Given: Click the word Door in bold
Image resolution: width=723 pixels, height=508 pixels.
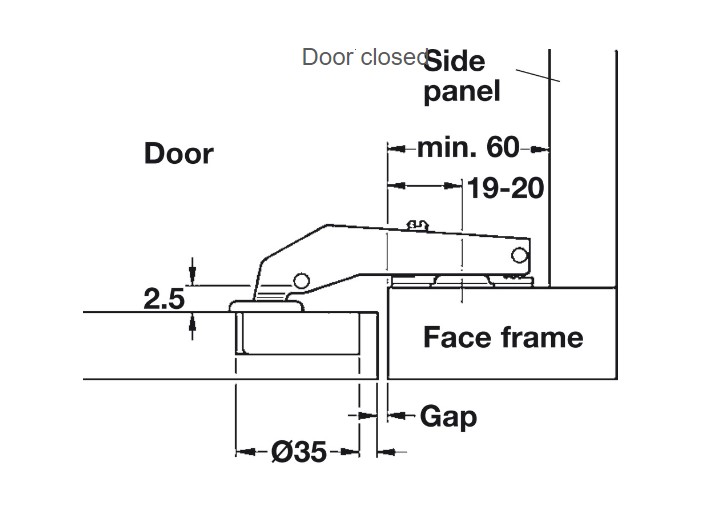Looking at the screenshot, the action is point(178,153).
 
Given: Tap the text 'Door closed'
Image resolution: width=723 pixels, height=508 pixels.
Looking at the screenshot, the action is point(364,57).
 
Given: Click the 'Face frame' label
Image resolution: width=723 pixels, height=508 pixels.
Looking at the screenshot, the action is point(502,337).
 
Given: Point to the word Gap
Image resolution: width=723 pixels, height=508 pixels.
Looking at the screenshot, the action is point(448,416).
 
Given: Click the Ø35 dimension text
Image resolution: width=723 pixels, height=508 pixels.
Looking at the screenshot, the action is point(298,452).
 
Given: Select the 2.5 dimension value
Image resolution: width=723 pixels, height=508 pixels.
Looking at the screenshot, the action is point(165,298).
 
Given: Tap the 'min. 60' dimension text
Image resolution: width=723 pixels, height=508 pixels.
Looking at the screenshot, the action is point(468,148).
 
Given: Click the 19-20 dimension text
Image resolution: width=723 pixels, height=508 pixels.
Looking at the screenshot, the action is point(506,187).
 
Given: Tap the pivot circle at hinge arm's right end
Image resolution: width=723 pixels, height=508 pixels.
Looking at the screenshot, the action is point(519,256).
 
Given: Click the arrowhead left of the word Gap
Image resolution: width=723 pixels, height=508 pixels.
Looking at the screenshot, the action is point(395,415).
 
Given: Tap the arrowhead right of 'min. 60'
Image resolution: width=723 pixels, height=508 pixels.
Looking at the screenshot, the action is point(541,149).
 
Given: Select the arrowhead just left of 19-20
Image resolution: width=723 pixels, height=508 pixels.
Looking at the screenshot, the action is point(455,185).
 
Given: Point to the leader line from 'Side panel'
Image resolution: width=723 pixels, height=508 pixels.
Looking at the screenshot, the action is point(537,74).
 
